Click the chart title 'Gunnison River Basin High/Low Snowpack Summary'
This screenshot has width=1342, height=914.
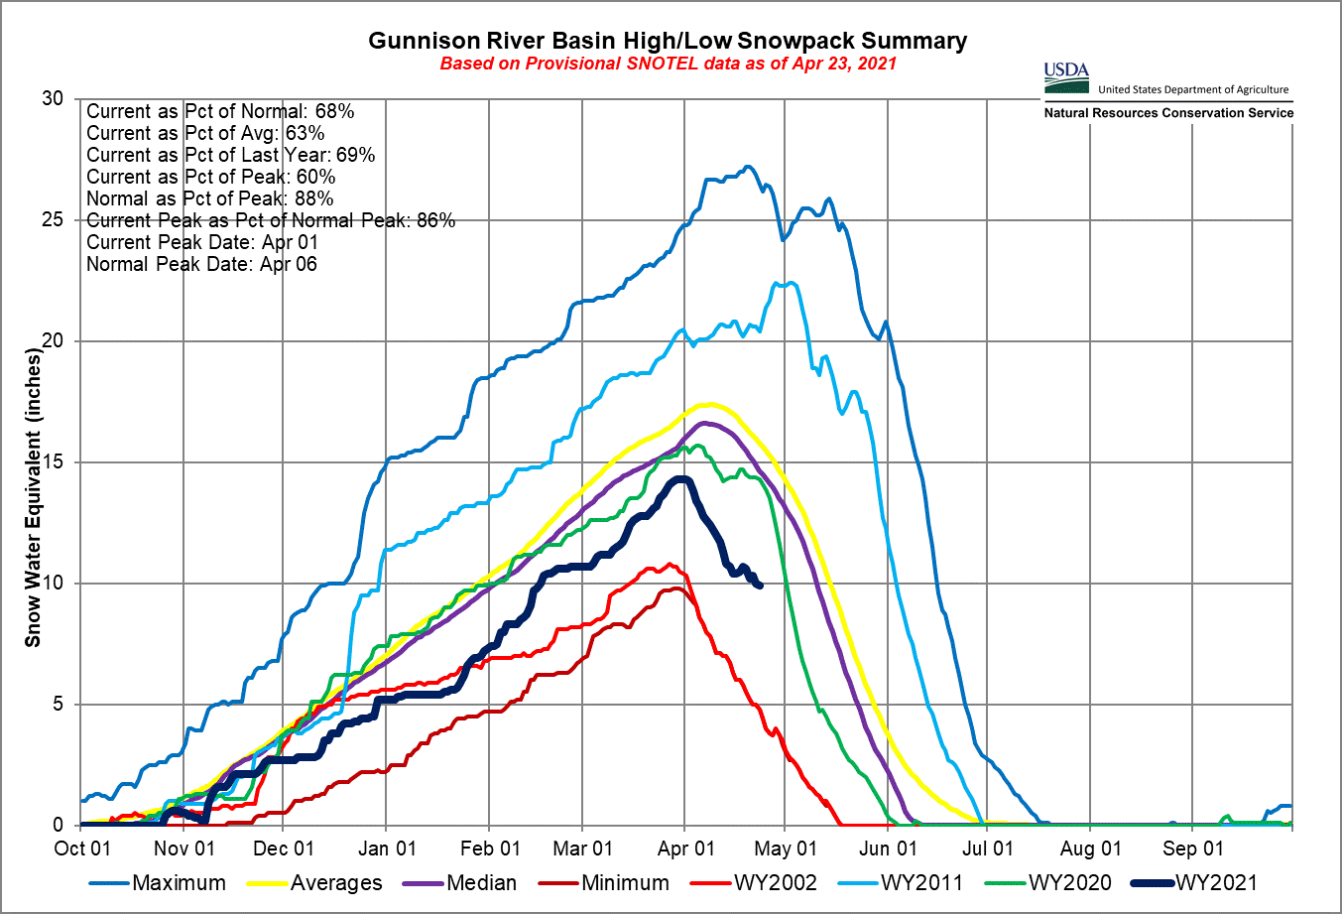coord(668,41)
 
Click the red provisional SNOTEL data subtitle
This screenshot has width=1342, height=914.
coord(668,64)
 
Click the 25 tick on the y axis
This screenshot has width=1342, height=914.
coord(53,219)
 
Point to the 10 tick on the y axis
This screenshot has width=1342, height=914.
coord(53,583)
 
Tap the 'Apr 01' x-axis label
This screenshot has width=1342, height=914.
coord(686,849)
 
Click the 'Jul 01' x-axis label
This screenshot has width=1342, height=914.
coord(988,849)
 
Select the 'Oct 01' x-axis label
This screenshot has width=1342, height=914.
coord(82,849)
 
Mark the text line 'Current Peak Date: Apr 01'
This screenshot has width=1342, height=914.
coord(202,242)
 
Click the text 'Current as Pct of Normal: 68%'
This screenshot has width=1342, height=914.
coord(220,111)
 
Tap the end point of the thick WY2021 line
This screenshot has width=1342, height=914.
coord(760,586)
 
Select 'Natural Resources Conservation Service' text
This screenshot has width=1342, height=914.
coord(1168,113)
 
